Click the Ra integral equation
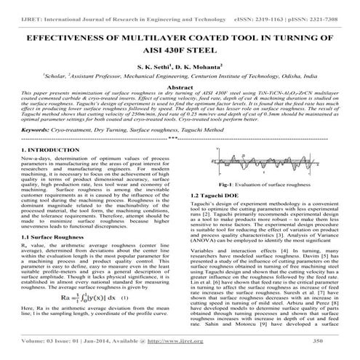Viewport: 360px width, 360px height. point(87,297)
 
